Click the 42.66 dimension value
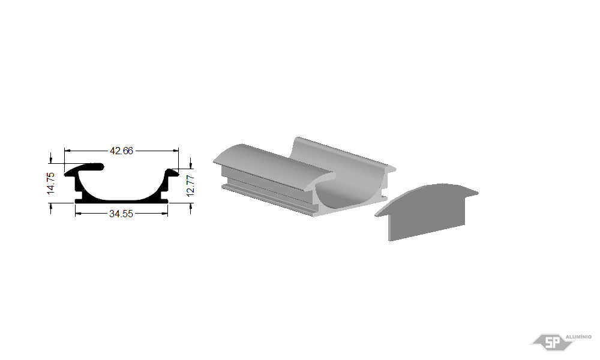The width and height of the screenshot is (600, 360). coord(121,151)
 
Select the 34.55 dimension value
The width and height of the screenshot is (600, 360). coord(121,214)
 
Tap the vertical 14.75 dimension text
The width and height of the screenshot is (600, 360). coord(51,183)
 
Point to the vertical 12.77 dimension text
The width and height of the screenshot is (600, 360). coord(191,186)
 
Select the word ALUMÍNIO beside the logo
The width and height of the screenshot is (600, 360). coord(578,337)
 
